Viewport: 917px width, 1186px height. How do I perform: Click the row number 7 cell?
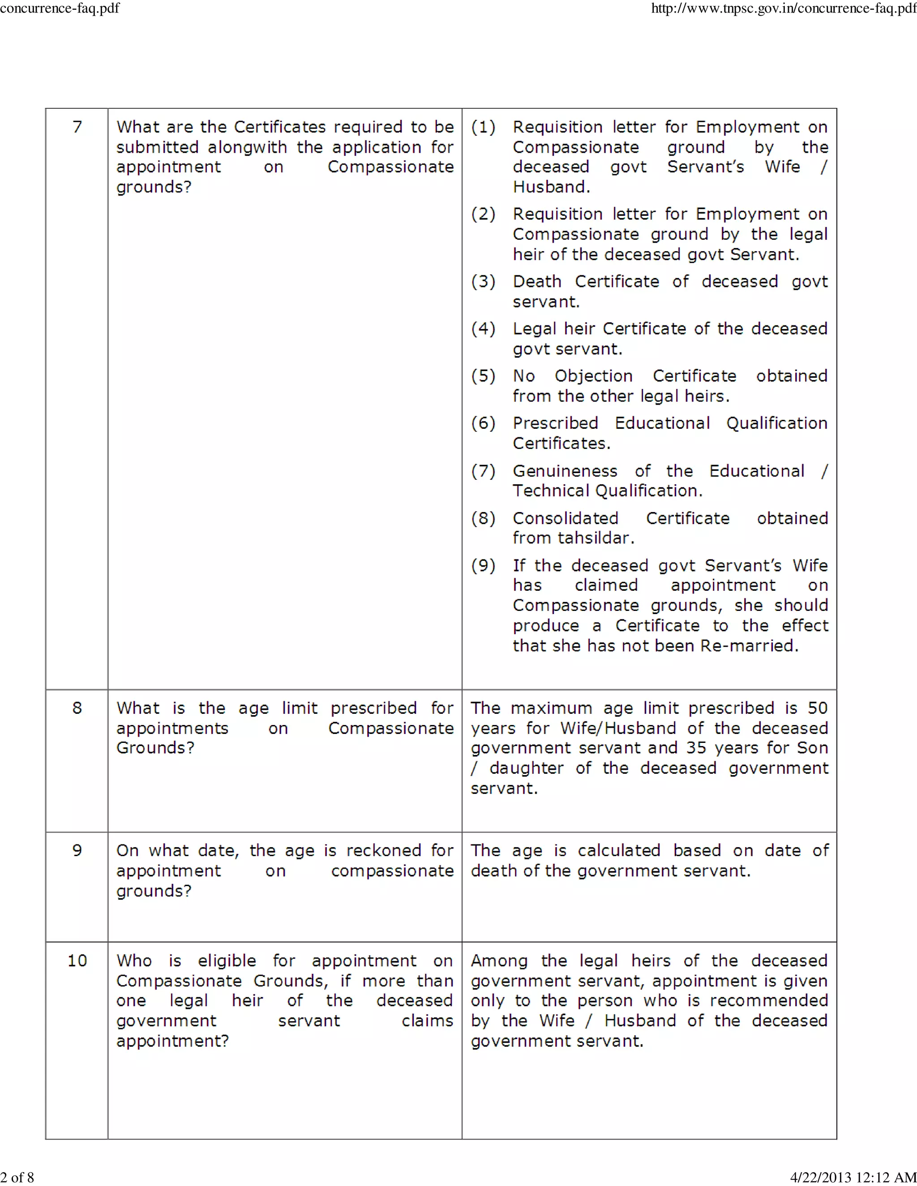point(77,127)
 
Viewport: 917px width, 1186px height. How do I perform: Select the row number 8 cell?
point(77,708)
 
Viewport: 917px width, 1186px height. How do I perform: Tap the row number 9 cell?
point(77,850)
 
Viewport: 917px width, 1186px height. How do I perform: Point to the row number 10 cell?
point(77,960)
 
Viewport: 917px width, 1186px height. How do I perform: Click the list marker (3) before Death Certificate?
point(483,282)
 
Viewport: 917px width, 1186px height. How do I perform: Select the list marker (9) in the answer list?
point(483,565)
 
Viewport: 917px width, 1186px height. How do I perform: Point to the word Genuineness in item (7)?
point(565,471)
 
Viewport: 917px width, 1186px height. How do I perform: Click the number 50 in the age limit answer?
point(818,708)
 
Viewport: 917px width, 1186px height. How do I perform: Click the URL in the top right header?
point(784,9)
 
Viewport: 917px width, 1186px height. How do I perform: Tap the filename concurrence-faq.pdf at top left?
point(60,8)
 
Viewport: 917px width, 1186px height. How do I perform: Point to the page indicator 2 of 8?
point(17,1177)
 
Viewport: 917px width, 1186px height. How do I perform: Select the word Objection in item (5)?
point(593,376)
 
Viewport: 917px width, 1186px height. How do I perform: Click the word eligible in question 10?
point(227,960)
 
